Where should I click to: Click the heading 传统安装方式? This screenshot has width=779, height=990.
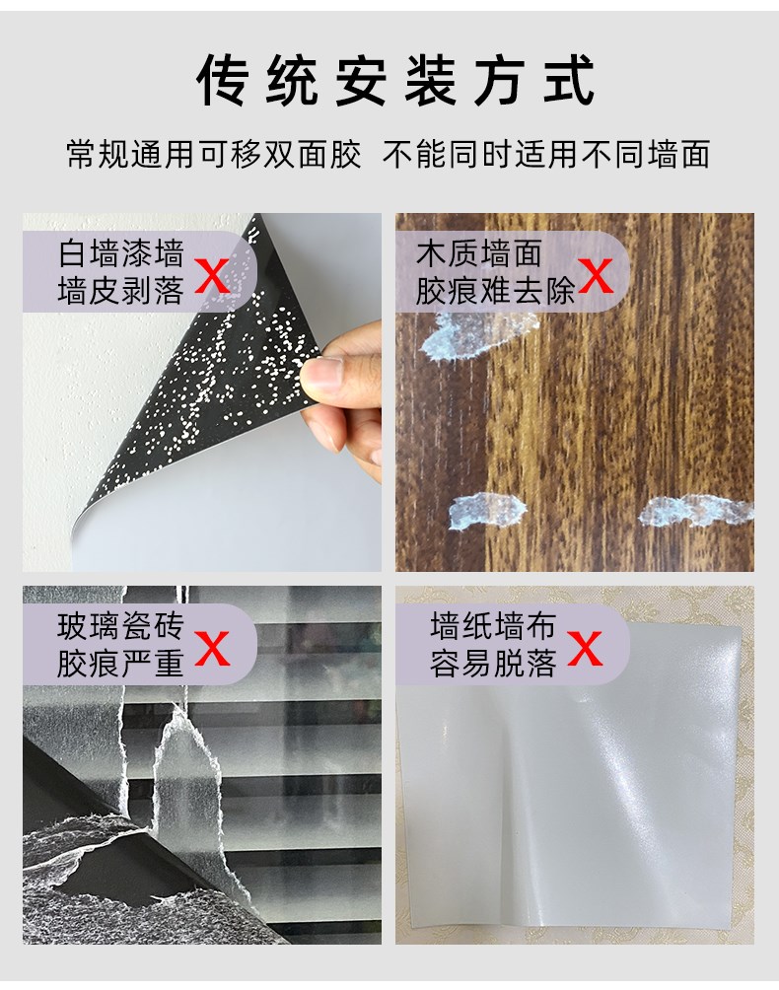(395, 80)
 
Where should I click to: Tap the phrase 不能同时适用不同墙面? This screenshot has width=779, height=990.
(546, 154)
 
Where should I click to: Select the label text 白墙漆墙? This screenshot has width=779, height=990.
(121, 253)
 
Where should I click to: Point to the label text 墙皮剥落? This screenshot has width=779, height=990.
(121, 291)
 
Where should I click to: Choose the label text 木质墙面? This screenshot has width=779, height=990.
(479, 253)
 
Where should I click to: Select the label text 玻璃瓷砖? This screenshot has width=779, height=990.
(120, 626)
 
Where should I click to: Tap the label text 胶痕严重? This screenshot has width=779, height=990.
(120, 664)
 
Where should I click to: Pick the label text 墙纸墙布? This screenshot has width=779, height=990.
(493, 626)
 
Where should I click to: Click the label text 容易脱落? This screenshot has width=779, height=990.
(493, 664)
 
